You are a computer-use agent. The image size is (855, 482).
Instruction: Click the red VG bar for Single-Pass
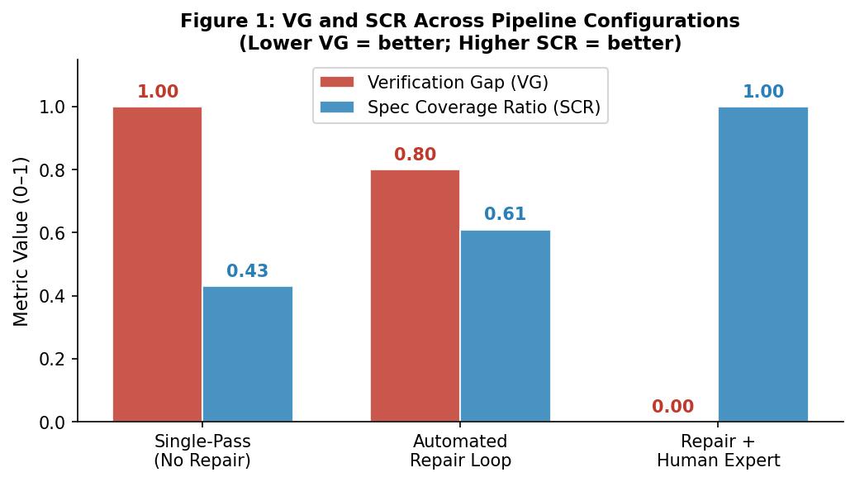point(157,265)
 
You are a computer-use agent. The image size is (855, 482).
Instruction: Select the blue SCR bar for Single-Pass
point(248,354)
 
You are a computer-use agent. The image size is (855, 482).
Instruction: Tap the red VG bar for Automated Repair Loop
point(415,296)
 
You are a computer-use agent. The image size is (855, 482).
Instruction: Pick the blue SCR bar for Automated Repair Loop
point(505,326)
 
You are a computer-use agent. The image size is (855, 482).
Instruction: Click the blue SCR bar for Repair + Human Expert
point(762,265)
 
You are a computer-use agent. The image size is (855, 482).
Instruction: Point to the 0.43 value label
point(248,272)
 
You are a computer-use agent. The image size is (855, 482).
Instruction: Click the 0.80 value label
point(415,155)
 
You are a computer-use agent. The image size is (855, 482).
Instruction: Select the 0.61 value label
point(505,215)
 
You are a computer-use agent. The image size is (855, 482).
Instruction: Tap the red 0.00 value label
point(672,407)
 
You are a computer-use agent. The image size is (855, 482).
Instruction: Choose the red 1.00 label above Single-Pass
point(157,92)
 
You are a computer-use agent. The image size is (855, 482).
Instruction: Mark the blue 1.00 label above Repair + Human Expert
point(762,92)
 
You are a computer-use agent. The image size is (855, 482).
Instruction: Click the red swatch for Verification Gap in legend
point(337,83)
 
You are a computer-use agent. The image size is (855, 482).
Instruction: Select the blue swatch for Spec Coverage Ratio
point(337,107)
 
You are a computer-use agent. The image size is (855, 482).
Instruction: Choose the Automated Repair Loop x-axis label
point(460,451)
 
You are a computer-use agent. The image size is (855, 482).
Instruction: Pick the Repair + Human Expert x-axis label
point(718,451)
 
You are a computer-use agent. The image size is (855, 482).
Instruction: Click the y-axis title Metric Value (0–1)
point(21,241)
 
